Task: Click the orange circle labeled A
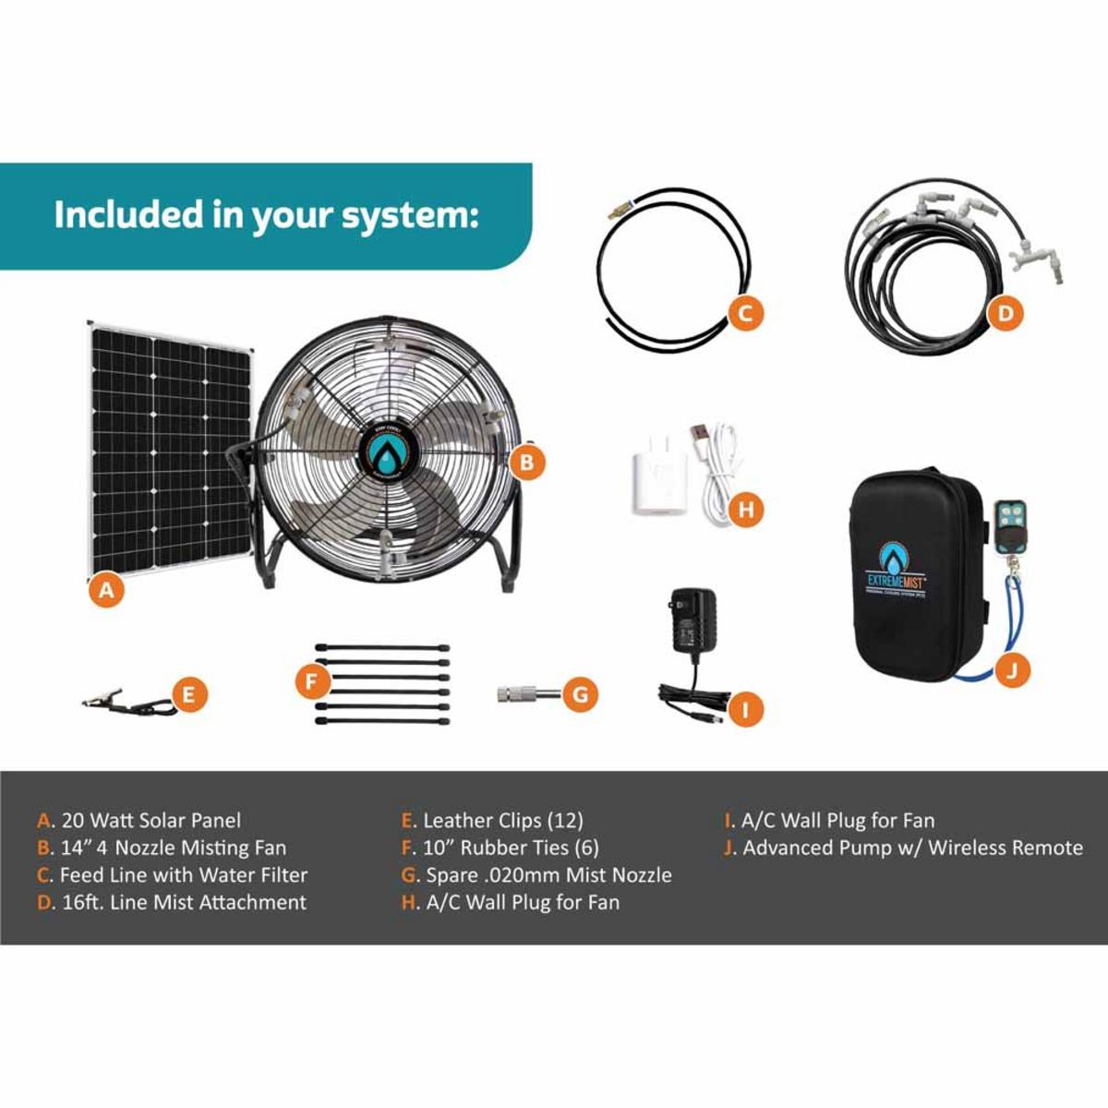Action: [x=106, y=588]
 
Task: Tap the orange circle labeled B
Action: [x=526, y=462]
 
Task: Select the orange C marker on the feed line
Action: [x=745, y=313]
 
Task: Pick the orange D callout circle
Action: [x=1006, y=313]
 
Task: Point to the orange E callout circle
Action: [x=188, y=694]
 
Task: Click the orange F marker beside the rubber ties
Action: [x=313, y=682]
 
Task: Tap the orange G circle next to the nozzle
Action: [x=580, y=693]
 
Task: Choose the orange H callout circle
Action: [x=746, y=509]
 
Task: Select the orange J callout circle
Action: [x=1014, y=669]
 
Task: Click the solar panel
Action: [x=171, y=452]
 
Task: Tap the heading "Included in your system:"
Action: [x=266, y=215]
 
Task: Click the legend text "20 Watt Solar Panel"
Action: [x=151, y=820]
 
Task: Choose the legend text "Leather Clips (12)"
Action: [x=502, y=820]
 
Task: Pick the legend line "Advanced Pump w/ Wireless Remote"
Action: [x=912, y=848]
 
